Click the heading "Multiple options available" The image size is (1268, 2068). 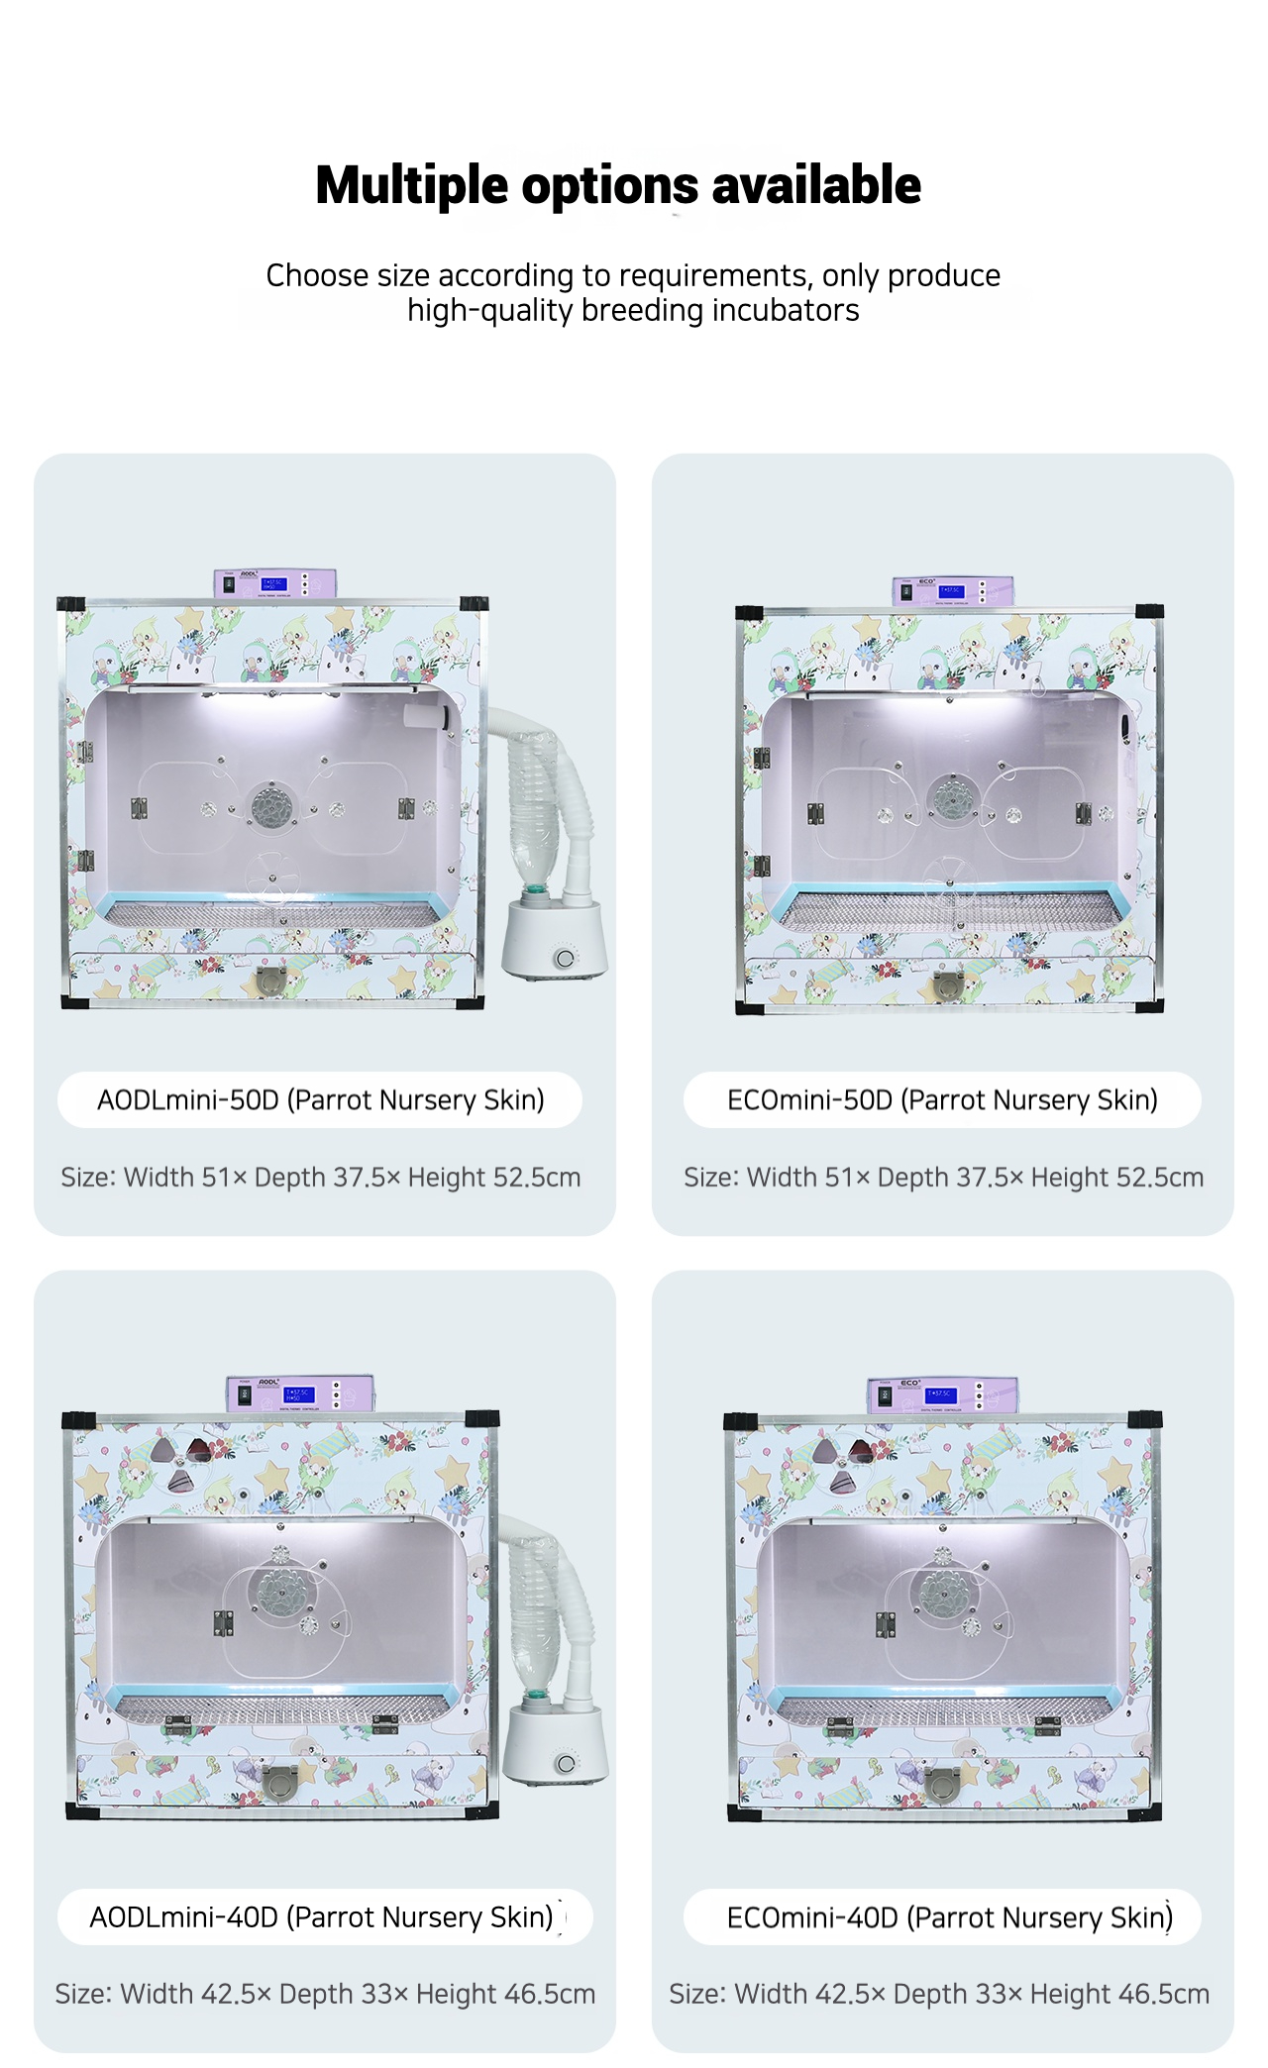point(618,185)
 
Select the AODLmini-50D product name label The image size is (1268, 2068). point(320,1099)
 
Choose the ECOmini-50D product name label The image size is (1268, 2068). point(942,1099)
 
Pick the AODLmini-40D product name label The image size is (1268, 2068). point(321,1917)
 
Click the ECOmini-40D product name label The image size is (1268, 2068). point(949,1917)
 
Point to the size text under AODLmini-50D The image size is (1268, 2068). point(321,1177)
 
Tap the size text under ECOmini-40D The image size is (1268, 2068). point(939,1994)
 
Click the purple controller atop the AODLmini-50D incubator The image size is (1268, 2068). point(275,583)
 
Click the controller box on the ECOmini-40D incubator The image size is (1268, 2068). point(942,1395)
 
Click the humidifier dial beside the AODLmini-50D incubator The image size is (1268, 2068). point(565,958)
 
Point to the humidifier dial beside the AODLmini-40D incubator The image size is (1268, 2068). point(566,1763)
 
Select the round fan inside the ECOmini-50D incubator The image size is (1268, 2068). point(953,795)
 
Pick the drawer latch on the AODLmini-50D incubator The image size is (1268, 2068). point(270,980)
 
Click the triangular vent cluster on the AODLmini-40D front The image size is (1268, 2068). point(178,1460)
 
